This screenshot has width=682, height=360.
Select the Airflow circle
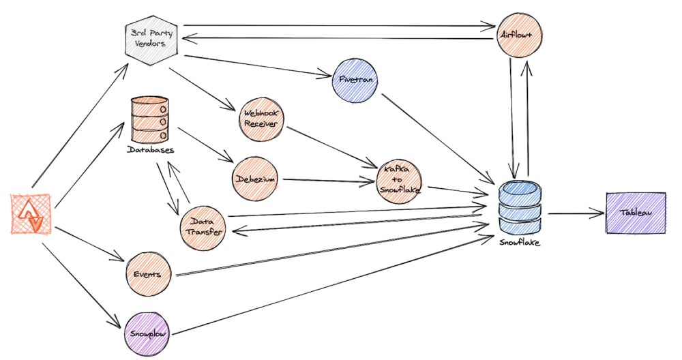[x=519, y=35]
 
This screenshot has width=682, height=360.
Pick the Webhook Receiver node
[x=261, y=118]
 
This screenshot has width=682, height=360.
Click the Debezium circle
[x=255, y=179]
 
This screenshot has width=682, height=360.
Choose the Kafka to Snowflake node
[x=399, y=180]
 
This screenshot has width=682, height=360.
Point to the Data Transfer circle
[x=203, y=228]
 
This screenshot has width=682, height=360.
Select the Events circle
[x=148, y=275]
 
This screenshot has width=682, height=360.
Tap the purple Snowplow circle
[x=147, y=333]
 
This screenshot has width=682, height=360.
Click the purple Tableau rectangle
[x=636, y=213]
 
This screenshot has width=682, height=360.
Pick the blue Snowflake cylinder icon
[x=520, y=207]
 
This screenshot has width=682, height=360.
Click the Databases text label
[x=151, y=150]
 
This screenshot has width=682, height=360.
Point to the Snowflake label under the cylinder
[x=520, y=242]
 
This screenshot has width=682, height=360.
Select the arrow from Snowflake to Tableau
[x=576, y=213]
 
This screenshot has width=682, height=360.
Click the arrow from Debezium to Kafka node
[x=328, y=181]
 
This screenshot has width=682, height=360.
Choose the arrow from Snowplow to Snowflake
[x=330, y=285]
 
